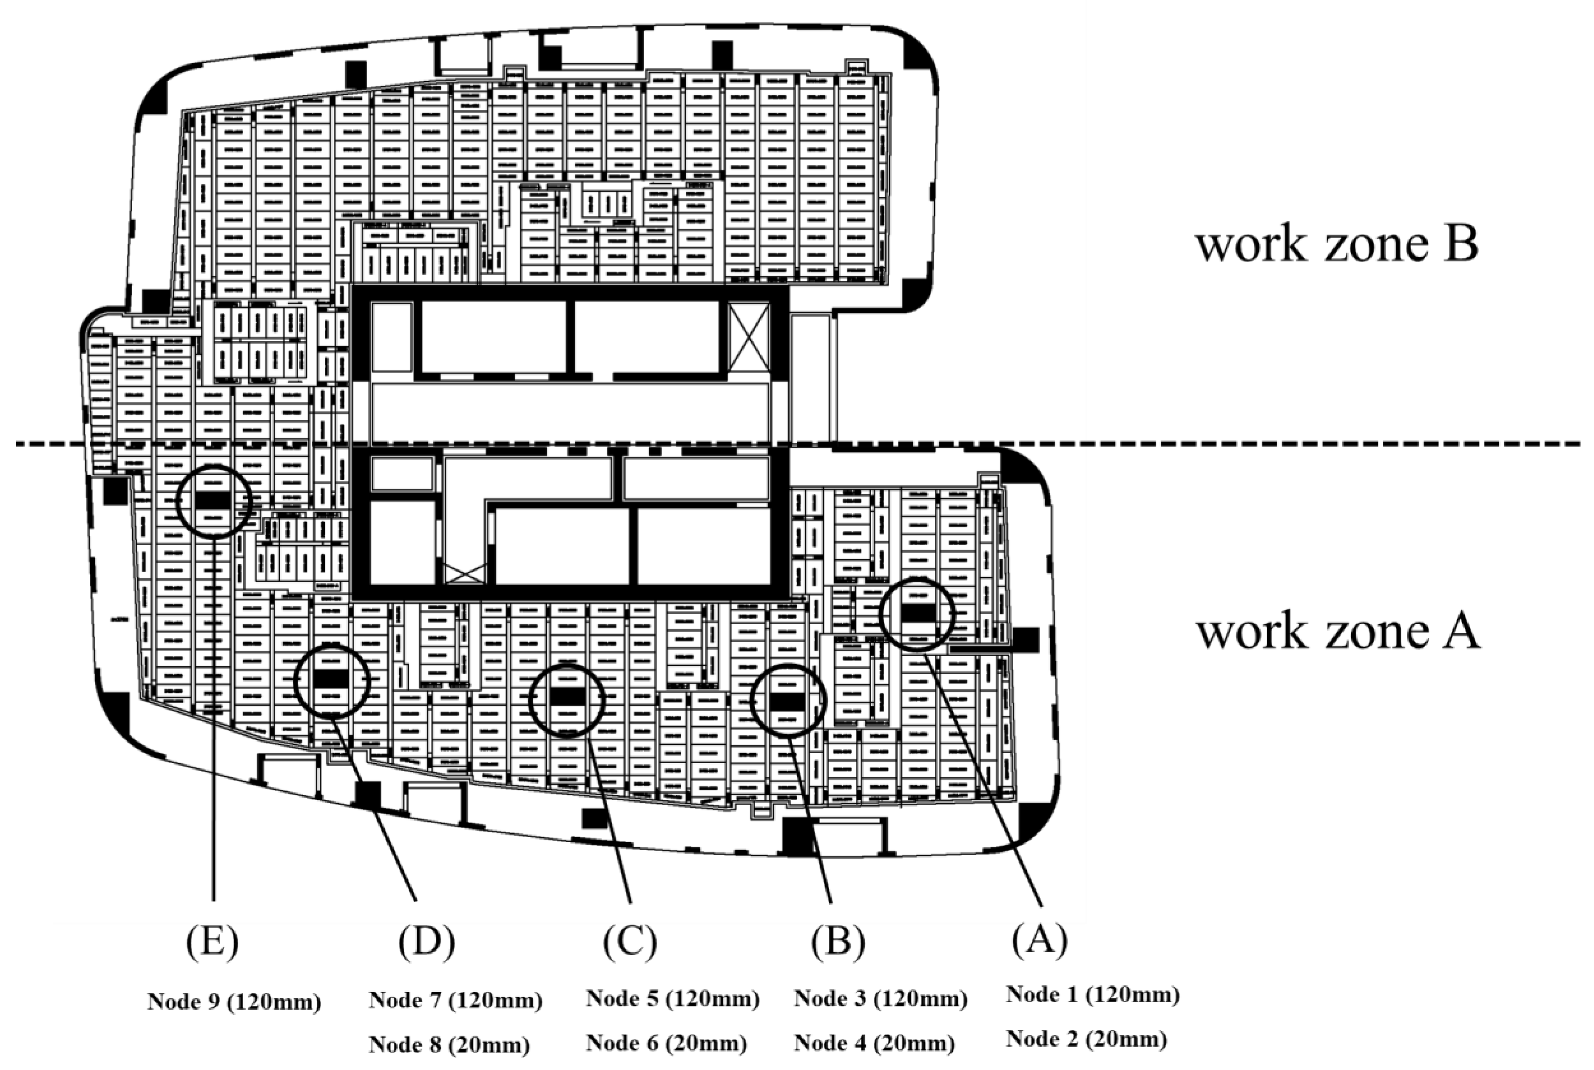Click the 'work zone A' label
(x=1338, y=631)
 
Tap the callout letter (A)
(x=1039, y=941)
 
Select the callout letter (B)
(x=838, y=942)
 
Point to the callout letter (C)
(x=629, y=942)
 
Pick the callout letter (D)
(x=426, y=942)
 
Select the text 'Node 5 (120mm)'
(x=672, y=999)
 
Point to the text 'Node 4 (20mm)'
(x=874, y=1043)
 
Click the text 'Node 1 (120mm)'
(x=1092, y=994)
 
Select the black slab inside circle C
(x=567, y=696)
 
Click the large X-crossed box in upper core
(x=749, y=338)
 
